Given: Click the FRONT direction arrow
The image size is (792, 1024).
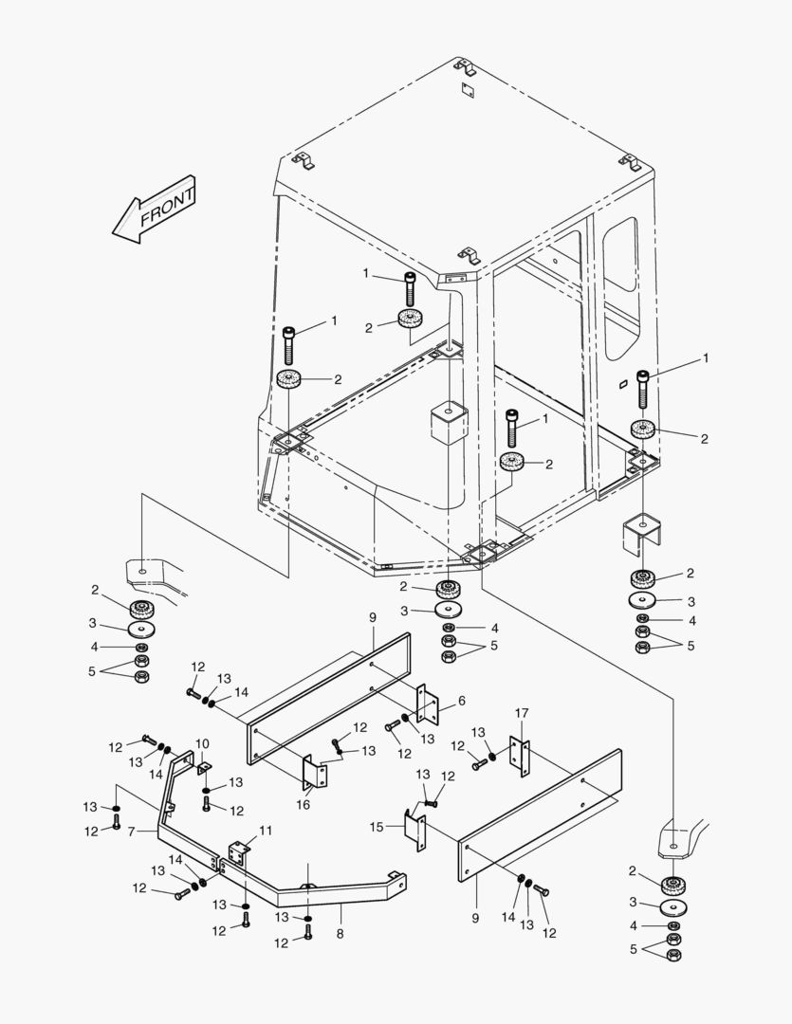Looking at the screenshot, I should [x=154, y=210].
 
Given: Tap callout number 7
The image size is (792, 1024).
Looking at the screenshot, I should [x=132, y=832].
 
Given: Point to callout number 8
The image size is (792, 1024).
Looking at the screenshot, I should [x=340, y=934].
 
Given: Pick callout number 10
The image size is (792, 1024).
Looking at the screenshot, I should [x=202, y=743].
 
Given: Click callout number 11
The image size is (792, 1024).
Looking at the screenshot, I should [x=266, y=831].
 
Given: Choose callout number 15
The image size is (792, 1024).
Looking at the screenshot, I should [x=376, y=828].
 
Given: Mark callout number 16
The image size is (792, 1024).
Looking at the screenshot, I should [x=304, y=805].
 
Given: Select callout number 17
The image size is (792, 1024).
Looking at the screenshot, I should [x=521, y=713].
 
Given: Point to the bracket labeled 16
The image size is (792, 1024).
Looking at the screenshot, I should [x=315, y=772].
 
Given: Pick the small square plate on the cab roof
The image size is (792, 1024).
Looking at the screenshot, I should [x=465, y=91].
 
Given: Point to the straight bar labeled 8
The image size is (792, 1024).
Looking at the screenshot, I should [x=313, y=888].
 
